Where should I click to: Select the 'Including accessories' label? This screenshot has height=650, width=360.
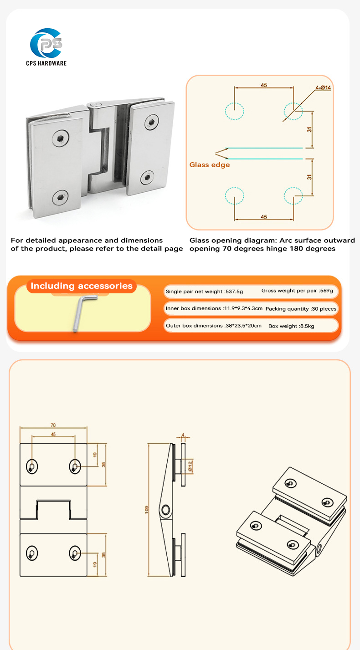[82, 286]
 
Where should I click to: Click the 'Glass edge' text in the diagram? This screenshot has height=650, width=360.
[210, 165]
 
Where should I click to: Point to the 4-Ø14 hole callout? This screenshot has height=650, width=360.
[323, 87]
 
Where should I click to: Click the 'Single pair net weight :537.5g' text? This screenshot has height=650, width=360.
[205, 292]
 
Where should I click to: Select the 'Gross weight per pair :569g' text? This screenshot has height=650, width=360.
[297, 291]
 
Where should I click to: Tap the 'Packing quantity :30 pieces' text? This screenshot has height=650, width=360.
[301, 309]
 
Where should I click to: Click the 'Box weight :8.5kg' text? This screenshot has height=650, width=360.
[291, 326]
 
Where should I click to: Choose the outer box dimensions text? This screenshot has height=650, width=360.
[214, 326]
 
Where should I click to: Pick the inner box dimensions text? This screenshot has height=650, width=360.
[214, 308]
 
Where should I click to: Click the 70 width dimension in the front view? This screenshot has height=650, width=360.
[53, 425]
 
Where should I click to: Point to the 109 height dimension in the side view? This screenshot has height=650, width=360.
[147, 510]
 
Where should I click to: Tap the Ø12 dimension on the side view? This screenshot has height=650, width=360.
[190, 466]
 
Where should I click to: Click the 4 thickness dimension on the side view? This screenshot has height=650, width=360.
[183, 435]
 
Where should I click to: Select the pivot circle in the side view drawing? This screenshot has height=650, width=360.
[166, 510]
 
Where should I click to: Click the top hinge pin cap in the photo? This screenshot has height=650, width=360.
[94, 105]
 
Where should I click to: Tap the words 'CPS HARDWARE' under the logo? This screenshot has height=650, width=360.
[46, 63]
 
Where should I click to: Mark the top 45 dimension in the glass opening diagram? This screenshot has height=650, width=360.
[263, 85]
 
